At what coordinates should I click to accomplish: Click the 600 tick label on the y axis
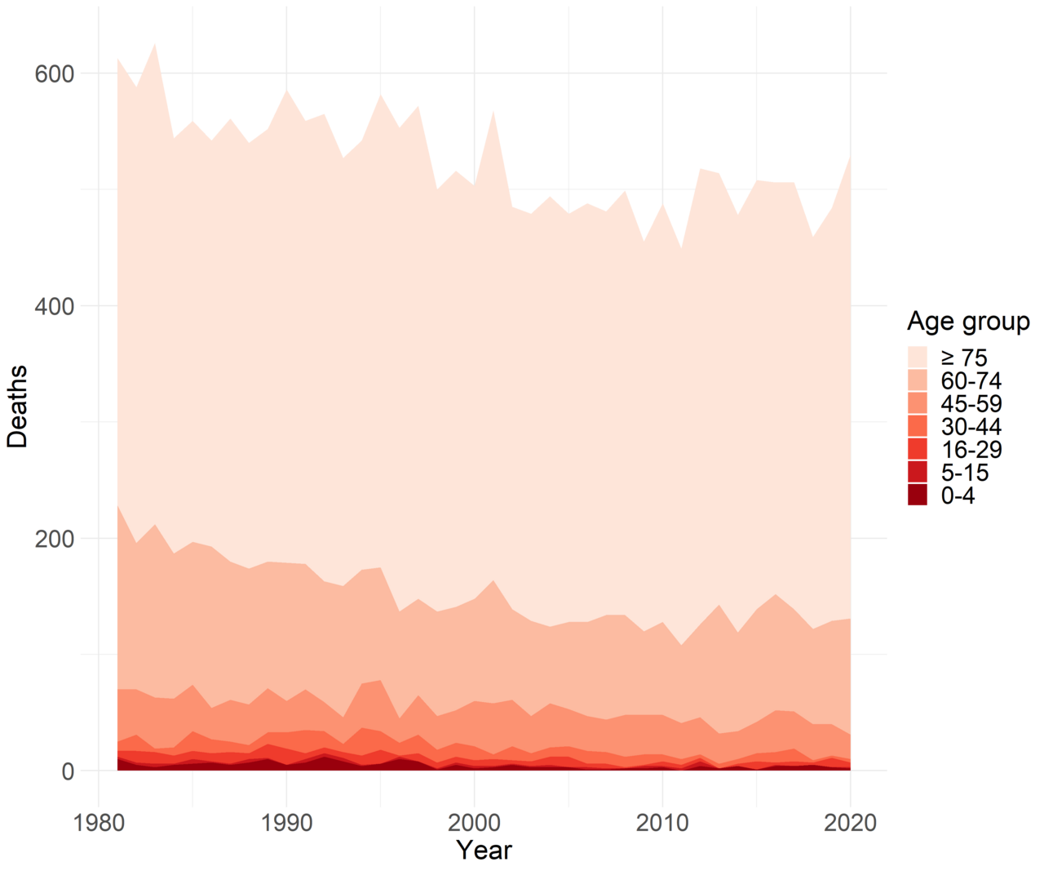54,73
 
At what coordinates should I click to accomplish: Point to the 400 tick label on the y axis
54,306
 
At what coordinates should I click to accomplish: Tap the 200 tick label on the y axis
54,539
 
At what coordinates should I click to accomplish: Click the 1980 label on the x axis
99,822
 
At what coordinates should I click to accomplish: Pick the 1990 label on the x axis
286,822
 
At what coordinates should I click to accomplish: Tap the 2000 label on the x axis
474,822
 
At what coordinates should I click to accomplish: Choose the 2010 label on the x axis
662,822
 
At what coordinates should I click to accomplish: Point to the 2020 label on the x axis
850,822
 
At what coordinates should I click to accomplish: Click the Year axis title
484,850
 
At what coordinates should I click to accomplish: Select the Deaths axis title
17,406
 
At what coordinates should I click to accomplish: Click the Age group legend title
967,322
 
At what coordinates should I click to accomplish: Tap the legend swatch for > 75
918,357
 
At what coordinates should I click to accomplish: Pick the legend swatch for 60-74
918,380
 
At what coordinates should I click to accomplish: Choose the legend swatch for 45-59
918,403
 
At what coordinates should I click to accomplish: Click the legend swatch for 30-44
918,426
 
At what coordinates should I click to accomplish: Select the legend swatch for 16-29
918,449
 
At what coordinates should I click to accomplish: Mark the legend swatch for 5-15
918,472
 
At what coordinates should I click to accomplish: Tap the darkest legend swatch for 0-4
918,495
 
